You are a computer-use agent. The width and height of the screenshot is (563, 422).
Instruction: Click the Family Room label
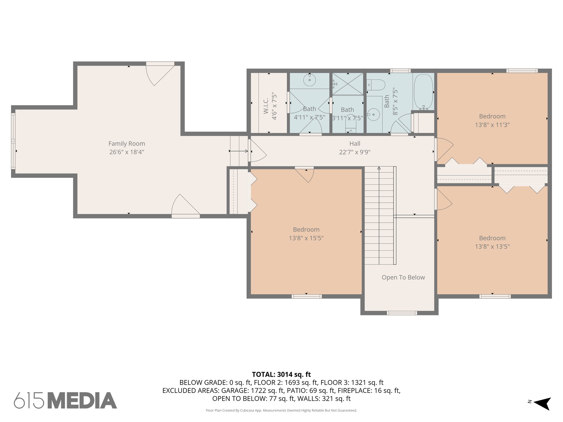coord(126,143)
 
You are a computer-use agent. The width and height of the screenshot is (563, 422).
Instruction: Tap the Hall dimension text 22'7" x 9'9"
coord(355,152)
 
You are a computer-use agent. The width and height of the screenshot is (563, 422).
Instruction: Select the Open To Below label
coord(403,277)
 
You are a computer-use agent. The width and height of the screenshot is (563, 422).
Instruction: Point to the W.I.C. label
coord(266,106)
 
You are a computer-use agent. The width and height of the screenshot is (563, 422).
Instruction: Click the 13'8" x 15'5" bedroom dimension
coord(306,238)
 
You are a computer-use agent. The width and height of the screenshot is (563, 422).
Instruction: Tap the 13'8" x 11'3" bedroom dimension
coord(492,125)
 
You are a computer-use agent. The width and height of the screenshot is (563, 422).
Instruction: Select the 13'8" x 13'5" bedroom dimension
coord(492,247)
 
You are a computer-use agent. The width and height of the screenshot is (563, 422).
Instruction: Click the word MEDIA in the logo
coord(82,400)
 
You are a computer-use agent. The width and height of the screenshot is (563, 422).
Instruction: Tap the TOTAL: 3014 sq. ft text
coord(281,374)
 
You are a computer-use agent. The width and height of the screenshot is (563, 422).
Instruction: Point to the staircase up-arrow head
coord(379,168)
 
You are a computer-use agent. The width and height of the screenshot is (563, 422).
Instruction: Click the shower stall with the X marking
coord(348,84)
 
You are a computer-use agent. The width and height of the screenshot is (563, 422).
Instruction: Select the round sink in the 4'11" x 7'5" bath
coord(310,80)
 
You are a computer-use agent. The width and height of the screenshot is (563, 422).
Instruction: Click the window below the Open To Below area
coord(402,313)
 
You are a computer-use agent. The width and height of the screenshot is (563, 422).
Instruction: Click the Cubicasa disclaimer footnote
coord(281,410)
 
